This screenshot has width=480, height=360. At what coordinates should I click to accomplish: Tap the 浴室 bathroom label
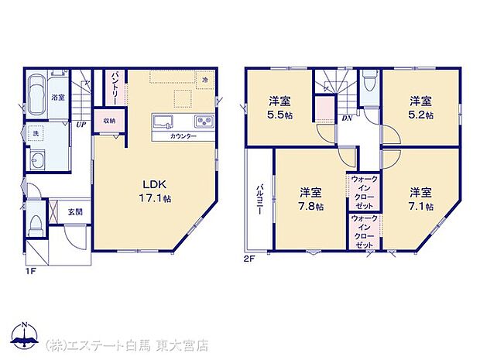57,98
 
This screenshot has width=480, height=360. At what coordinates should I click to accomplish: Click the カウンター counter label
183,136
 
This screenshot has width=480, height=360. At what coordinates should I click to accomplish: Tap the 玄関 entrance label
74,211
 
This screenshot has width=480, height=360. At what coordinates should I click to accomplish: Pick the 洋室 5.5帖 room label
280,108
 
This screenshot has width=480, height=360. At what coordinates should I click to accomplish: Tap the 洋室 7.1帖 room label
421,199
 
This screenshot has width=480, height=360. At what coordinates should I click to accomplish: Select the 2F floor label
250,257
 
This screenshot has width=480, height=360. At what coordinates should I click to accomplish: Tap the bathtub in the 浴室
37,92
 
